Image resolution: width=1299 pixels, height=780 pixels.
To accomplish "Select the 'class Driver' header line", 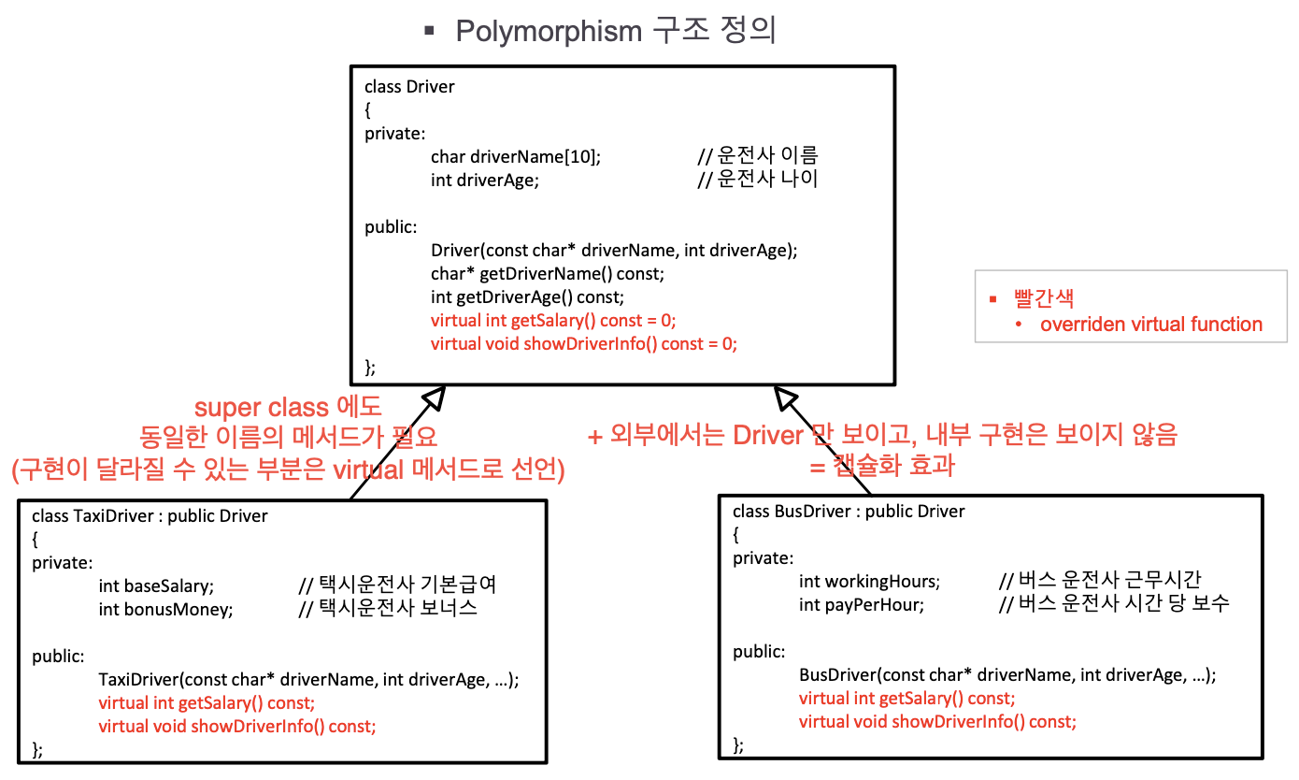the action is coord(409,87).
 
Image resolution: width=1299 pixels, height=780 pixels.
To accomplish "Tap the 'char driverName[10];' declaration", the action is coord(516,156).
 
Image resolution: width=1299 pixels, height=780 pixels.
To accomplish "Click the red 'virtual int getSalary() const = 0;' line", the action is coord(552,320).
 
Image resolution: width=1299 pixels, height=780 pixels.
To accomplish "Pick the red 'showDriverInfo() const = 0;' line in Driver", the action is coord(583,343).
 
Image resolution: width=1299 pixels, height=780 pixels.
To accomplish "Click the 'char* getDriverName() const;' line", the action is coord(547,274).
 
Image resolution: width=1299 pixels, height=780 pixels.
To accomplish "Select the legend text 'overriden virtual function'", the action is coord(1150,325).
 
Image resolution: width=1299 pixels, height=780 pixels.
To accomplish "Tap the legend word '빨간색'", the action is coord(1044,299).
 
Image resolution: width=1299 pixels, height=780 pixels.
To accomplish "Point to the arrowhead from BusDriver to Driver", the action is coord(784,399).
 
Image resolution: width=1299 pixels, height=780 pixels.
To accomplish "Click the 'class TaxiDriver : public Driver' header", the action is coord(150,516).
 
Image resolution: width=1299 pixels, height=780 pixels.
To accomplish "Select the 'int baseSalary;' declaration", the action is coord(156,586).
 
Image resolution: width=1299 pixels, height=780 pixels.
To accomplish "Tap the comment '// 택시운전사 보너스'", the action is coord(387,609).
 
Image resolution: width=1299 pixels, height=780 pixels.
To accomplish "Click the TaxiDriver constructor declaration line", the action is coord(308,680).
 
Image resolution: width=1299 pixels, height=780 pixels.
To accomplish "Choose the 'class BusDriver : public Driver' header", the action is coord(849,512).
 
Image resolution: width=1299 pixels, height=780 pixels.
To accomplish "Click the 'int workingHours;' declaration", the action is coord(869,582).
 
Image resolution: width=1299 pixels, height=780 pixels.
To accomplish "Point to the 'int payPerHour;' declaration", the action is coord(861,605).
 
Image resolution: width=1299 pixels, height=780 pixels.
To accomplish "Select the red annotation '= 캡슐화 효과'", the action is coord(882,465).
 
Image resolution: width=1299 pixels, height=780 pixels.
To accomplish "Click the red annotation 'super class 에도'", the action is coord(288,408).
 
